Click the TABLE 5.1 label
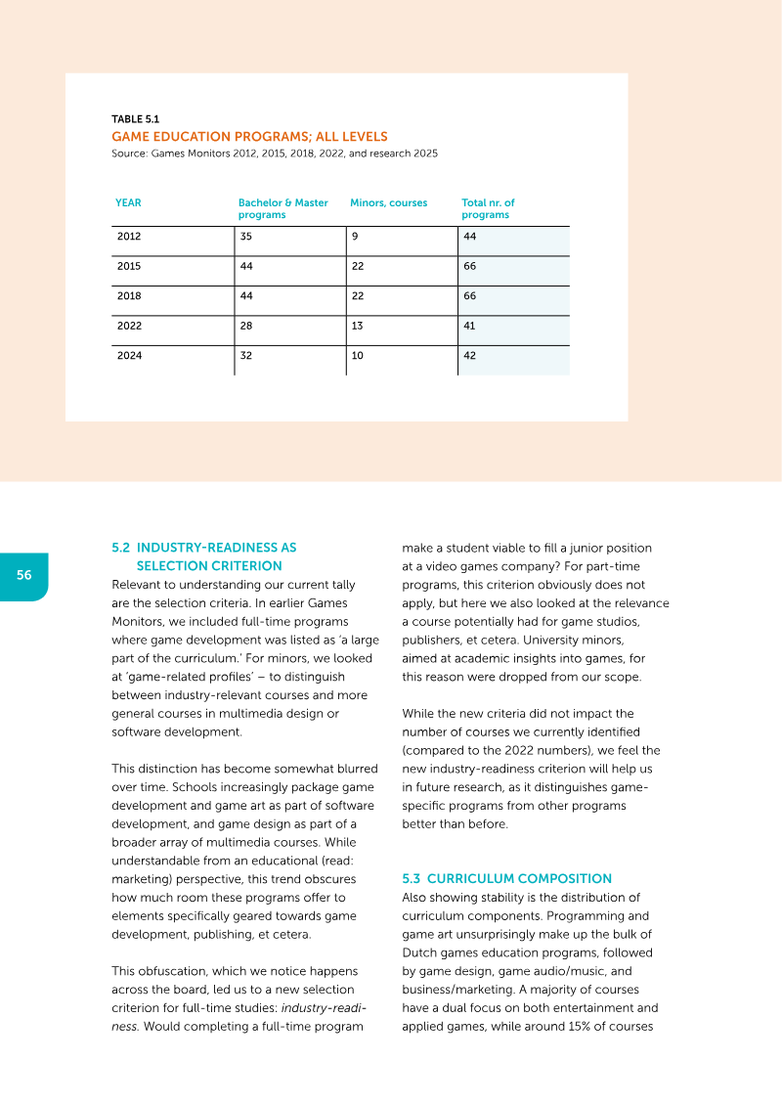[x=135, y=119]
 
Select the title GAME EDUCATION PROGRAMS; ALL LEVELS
[x=249, y=137]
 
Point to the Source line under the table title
[x=274, y=154]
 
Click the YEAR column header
[x=128, y=203]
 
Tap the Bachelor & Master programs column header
[x=282, y=208]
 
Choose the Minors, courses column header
[x=388, y=203]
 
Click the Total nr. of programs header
[x=488, y=208]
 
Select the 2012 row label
[x=128, y=237]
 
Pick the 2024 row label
[x=128, y=356]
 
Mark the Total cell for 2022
[x=469, y=327]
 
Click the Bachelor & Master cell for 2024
[x=245, y=356]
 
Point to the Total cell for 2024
[x=469, y=356]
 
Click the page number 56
[x=23, y=575]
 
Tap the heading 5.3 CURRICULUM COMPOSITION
[x=506, y=878]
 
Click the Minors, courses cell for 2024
[x=357, y=356]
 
